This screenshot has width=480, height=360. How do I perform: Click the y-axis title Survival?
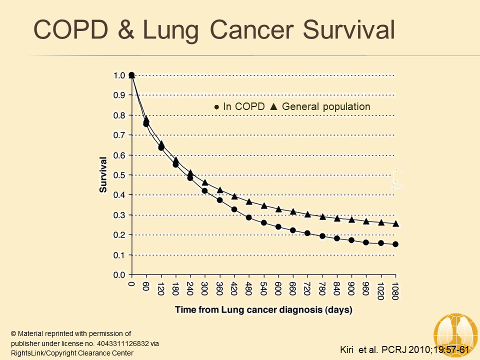coord(103,175)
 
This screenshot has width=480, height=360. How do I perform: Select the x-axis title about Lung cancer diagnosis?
coord(263,310)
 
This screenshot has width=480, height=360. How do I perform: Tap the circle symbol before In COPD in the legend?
coord(216,107)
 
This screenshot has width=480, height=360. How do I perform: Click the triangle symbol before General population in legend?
coord(273,106)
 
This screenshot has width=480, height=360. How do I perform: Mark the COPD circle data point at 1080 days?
coord(395,244)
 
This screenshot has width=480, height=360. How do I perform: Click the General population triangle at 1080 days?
coord(396,223)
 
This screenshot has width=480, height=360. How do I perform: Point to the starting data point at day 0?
coord(131,75)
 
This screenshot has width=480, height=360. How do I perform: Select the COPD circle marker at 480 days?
coord(249,217)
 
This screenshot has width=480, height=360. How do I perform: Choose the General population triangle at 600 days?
coord(278,209)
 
